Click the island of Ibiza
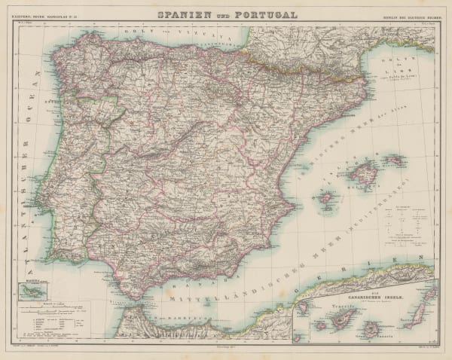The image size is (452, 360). coord(327,199)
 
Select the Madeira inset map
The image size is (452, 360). coord(32,289)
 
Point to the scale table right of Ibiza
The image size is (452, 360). coord(404,223)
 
